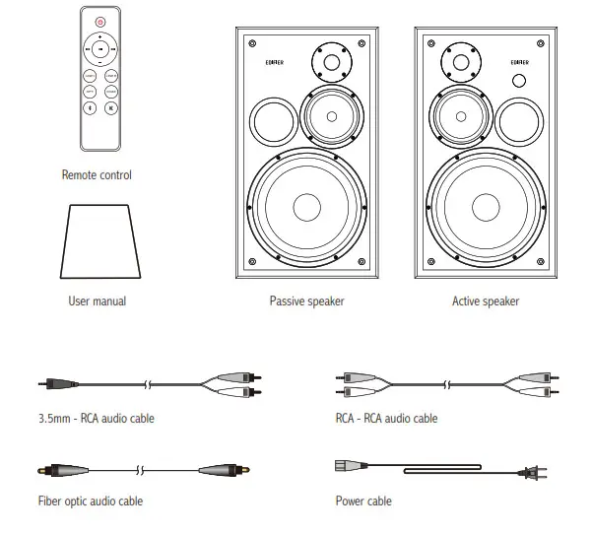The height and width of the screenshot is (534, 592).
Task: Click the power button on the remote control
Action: pyautogui.click(x=99, y=21)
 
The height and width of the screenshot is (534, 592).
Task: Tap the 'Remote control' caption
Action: pyautogui.click(x=97, y=175)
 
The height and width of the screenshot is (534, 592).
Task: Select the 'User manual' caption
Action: pyautogui.click(x=97, y=300)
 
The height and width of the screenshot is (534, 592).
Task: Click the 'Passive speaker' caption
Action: pyautogui.click(x=306, y=300)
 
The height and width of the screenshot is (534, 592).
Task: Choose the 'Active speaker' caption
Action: pyautogui.click(x=486, y=300)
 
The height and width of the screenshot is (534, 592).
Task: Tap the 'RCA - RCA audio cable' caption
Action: pyautogui.click(x=386, y=419)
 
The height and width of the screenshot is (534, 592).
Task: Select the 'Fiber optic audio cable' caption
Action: pyautogui.click(x=91, y=501)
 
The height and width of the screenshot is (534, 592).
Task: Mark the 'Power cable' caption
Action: pyautogui.click(x=363, y=501)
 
